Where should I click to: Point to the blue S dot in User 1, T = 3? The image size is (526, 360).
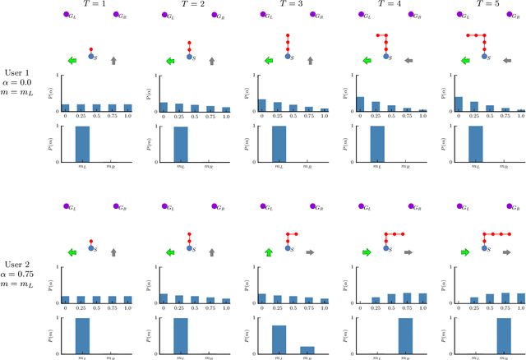(x=288, y=57)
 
